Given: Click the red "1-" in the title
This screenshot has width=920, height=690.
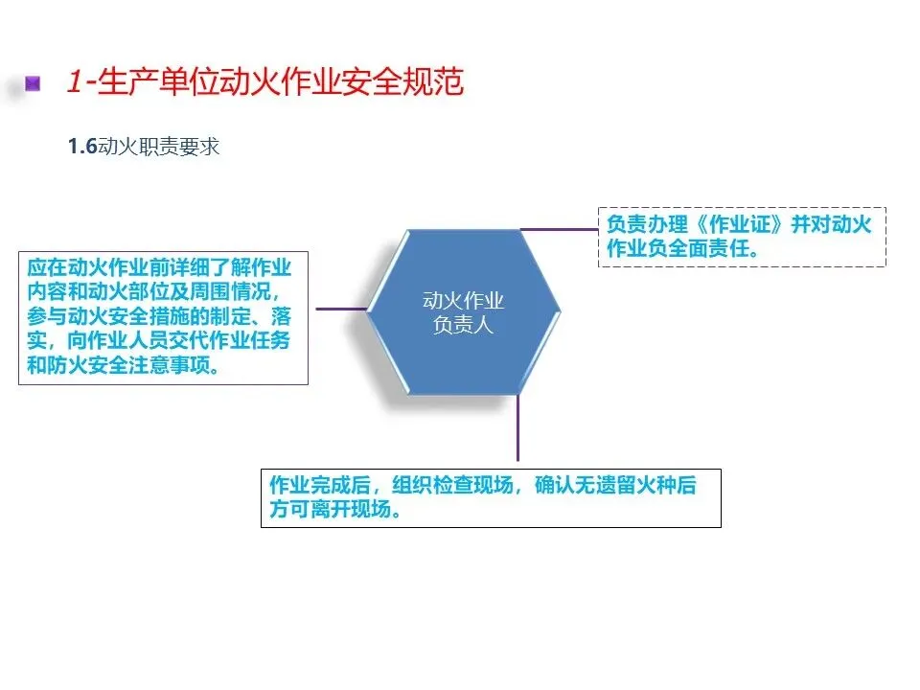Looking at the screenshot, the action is point(79,82).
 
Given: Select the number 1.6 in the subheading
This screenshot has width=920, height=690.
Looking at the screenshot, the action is point(82,148).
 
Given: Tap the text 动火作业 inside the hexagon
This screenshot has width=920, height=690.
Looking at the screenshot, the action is point(463,301).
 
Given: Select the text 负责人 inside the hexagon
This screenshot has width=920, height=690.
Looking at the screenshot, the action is point(463,326).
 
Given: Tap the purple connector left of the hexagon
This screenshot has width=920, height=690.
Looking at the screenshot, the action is point(340,309).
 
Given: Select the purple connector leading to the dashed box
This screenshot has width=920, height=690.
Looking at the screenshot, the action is point(560,230).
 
